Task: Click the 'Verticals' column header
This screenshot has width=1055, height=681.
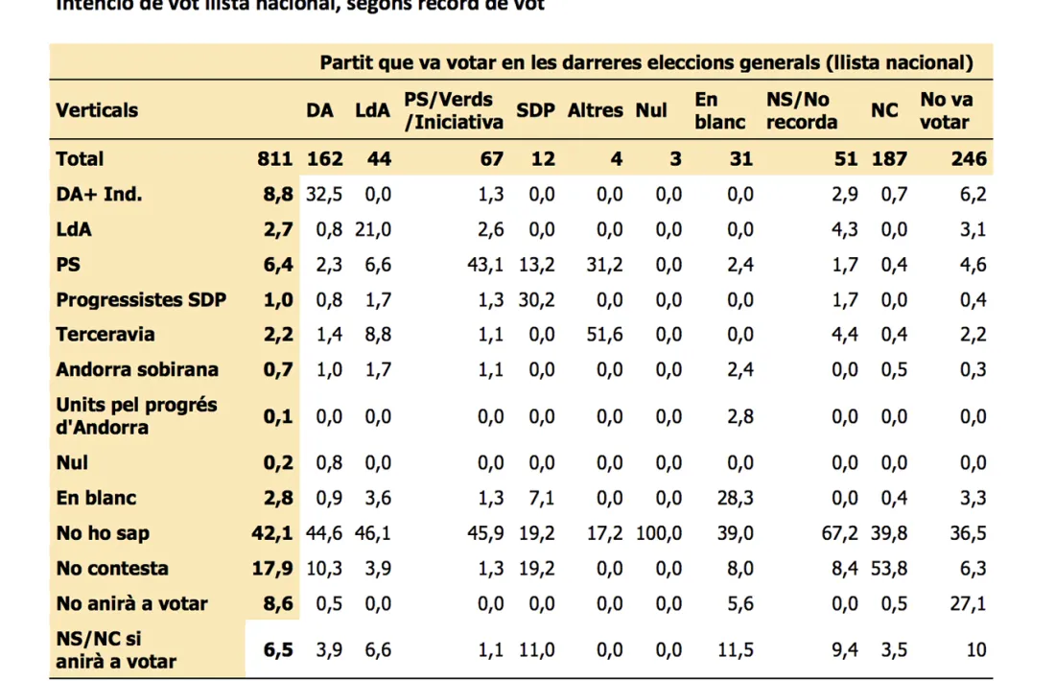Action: [97, 110]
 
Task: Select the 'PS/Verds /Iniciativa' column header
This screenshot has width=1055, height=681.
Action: [454, 110]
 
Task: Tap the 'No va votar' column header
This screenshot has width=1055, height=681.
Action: [946, 110]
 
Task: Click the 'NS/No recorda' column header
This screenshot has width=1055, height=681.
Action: [802, 110]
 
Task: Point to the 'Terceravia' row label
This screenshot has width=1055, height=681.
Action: [105, 335]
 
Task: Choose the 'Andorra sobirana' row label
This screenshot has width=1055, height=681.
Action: [137, 369]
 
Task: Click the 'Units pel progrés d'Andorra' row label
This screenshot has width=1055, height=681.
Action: [136, 415]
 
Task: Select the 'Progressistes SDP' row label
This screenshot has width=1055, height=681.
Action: [141, 299]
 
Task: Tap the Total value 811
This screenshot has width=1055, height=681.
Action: [274, 159]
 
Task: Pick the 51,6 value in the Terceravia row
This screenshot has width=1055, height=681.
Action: [600, 335]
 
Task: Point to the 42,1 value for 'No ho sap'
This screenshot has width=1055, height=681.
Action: [278, 533]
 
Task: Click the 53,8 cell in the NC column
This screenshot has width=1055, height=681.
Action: [888, 569]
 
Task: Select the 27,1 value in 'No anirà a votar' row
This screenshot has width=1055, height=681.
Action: [968, 604]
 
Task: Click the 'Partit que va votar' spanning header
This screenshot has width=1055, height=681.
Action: [646, 63]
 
